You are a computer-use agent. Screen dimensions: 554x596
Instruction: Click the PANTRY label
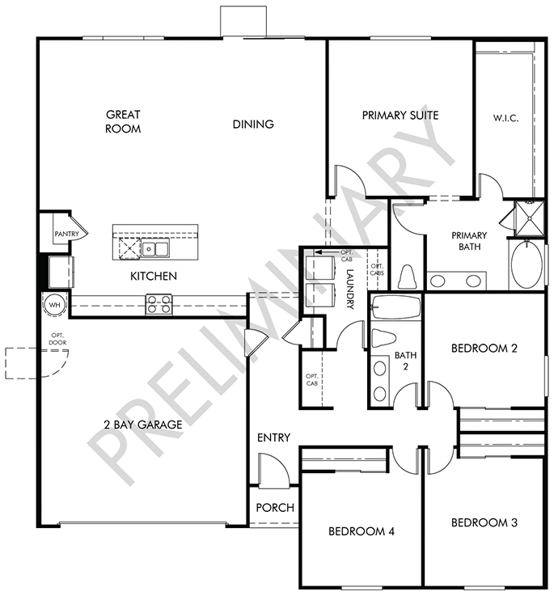coord(66,234)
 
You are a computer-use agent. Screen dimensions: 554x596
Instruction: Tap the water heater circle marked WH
coord(55,305)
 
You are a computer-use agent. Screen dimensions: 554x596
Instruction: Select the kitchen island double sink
coord(154,249)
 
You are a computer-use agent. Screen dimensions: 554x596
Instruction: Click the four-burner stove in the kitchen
coord(159,304)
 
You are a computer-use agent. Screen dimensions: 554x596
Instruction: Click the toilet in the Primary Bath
coord(407,277)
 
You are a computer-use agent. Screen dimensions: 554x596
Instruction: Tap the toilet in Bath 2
coord(383,338)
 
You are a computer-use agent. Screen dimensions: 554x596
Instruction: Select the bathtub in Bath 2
coord(396,307)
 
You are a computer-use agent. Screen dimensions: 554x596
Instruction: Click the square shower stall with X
coord(529,218)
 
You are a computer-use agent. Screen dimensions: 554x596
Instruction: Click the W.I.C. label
coord(505,118)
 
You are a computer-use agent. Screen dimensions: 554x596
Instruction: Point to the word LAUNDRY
coord(350,289)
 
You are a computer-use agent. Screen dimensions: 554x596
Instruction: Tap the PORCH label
coord(275,507)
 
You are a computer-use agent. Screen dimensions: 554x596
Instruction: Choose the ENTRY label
coord(274,437)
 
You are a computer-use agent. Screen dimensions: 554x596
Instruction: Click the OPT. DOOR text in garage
coord(57,339)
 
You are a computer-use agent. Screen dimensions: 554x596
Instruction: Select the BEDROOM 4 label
coord(362,531)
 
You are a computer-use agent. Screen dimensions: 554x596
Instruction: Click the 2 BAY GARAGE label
coord(143,425)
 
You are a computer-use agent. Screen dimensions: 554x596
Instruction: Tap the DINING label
coord(253,124)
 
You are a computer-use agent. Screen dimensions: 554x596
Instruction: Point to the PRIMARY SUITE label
coord(400,115)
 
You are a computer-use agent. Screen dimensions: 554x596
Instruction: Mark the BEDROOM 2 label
coord(484,349)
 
